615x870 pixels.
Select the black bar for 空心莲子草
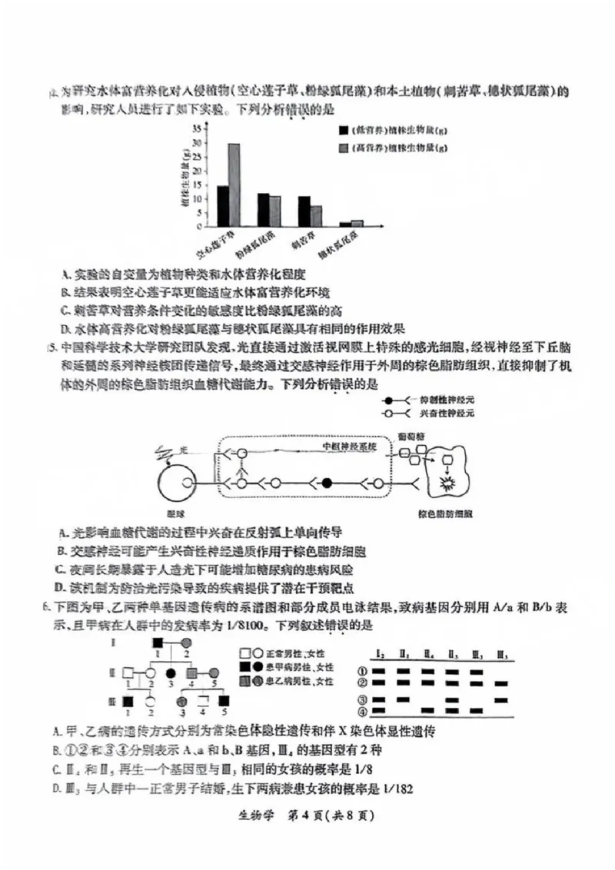(221, 206)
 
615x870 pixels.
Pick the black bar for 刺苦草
(304, 211)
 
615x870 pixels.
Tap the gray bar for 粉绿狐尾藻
(274, 211)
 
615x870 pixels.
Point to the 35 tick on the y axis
(197, 129)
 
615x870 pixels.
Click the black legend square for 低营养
(343, 131)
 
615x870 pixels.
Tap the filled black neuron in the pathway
(327, 483)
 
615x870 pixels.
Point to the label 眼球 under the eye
(178, 512)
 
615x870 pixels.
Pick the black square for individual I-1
(158, 641)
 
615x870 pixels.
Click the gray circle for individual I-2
(185, 641)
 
